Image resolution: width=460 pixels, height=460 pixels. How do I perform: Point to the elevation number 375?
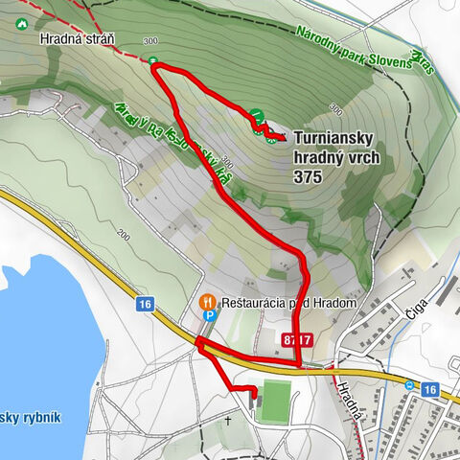coord(309,177)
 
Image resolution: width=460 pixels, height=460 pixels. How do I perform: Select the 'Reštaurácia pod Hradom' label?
coord(288,303)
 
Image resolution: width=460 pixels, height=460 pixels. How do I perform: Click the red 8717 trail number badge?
coord(298,340)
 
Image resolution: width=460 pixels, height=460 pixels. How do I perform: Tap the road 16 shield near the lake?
coord(145,304)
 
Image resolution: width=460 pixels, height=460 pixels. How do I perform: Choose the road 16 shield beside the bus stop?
coord(428,389)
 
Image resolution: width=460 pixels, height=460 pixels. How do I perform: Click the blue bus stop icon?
coord(410,385)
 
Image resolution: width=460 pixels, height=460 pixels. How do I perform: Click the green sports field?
coord(275,401)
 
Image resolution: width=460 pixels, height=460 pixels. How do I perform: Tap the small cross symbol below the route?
coord(228,420)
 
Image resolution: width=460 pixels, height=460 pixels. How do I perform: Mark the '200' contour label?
coord(124,233)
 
